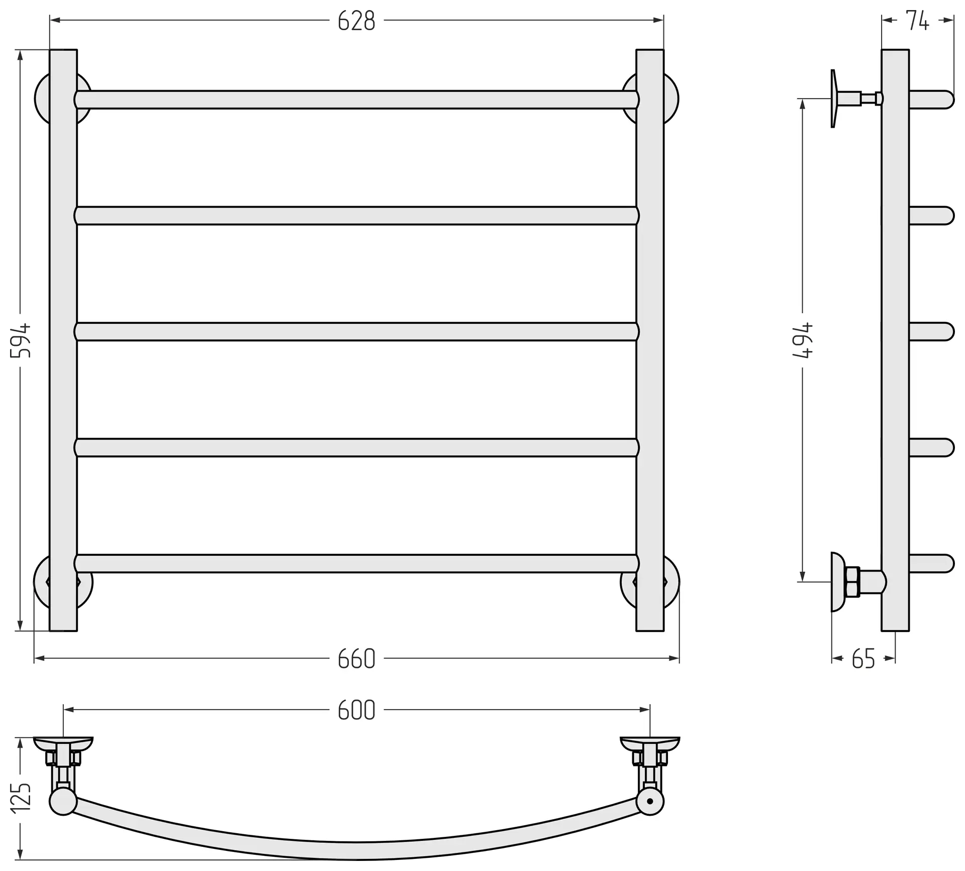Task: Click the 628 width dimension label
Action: [356, 21]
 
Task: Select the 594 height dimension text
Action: [21, 340]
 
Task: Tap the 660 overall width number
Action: [356, 659]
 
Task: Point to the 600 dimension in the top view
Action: [356, 710]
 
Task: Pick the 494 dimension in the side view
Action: [802, 340]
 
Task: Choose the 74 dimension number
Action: [918, 21]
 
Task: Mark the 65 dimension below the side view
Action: [863, 659]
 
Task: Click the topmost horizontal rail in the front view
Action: [356, 100]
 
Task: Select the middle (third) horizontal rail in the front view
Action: [356, 332]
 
